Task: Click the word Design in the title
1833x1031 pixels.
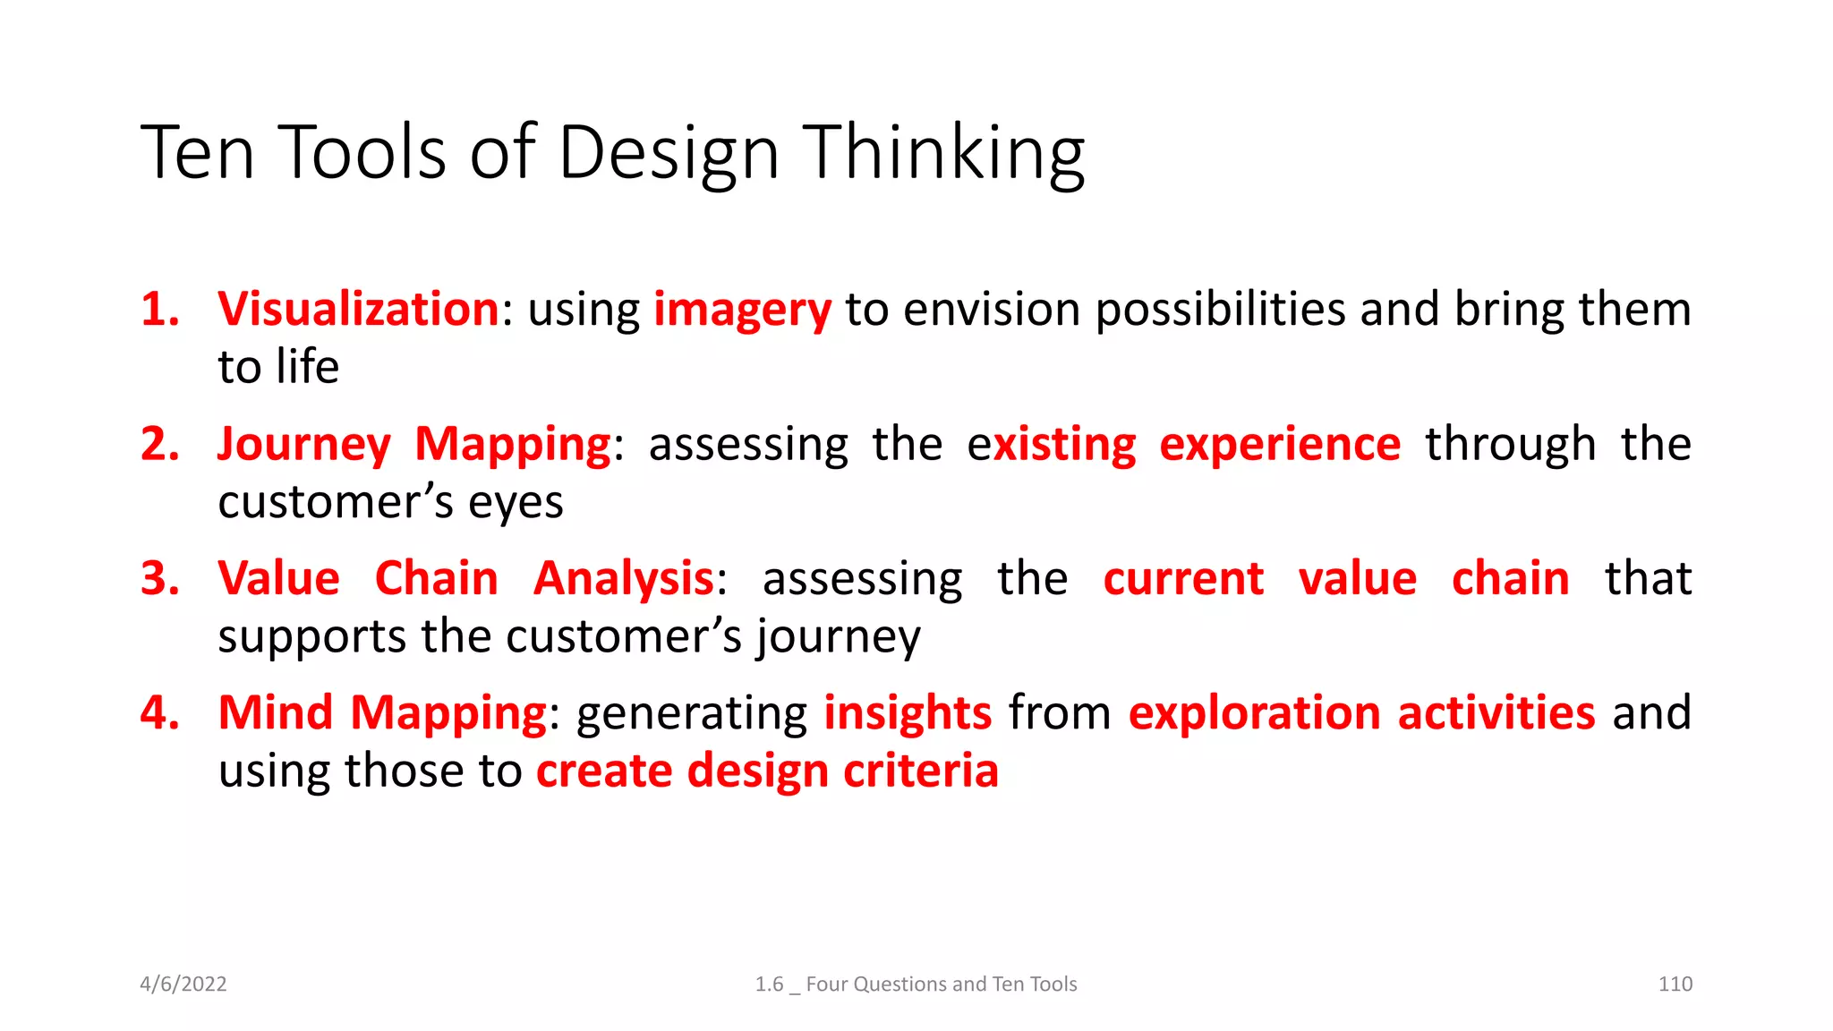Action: coord(669,154)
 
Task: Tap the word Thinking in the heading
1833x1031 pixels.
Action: coord(942,154)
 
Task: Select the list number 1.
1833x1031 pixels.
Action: coord(160,310)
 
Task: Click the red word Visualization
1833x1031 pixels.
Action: coord(358,310)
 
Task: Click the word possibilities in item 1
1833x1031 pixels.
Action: coord(1220,310)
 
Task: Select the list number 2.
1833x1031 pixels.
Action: coord(160,445)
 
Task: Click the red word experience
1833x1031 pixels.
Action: coord(1280,445)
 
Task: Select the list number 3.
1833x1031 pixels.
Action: coord(160,579)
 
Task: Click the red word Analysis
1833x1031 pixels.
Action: coord(624,579)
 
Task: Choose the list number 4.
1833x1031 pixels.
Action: coord(160,713)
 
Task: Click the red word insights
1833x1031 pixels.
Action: coord(908,713)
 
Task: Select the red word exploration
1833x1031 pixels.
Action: coord(1254,713)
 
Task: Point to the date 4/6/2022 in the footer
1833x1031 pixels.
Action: coord(183,984)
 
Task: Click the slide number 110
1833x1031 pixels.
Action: coord(1675,984)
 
